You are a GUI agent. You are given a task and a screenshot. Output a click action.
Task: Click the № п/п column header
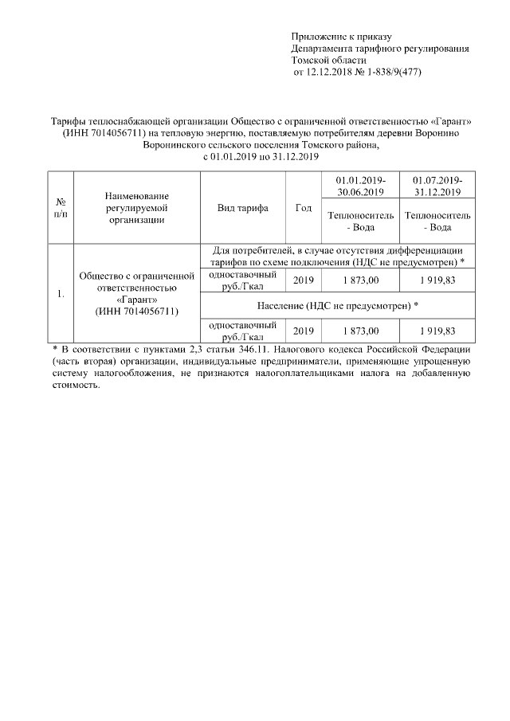61,208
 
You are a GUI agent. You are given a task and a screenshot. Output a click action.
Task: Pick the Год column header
303,208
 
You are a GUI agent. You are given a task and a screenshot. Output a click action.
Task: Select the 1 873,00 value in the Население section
361,331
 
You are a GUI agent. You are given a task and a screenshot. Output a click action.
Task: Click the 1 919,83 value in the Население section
437,331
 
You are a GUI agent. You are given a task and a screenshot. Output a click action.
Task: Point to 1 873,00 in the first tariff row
361,280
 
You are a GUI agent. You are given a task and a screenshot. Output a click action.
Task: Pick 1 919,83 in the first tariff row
437,280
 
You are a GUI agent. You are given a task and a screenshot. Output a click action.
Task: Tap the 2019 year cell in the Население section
303,331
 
